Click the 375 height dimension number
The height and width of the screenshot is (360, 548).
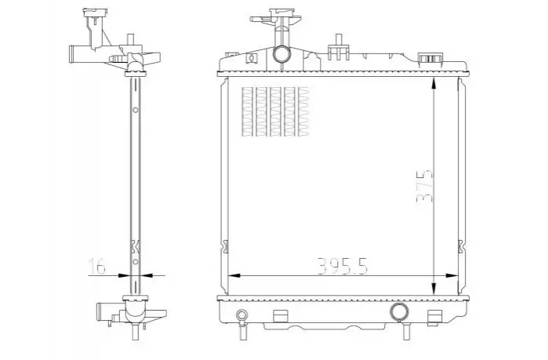pyautogui.click(x=424, y=186)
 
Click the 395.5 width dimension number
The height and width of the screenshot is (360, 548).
pyautogui.click(x=343, y=266)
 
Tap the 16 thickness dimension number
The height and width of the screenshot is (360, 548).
pyautogui.click(x=96, y=266)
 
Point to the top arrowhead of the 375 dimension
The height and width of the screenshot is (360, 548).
pyautogui.click(x=434, y=84)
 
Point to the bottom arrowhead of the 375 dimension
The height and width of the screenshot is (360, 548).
pyautogui.click(x=434, y=289)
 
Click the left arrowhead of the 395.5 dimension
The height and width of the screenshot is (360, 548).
pyautogui.click(x=234, y=275)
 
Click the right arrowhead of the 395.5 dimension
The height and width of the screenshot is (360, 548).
pyautogui.click(x=452, y=275)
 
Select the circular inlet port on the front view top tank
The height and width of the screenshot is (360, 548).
pyautogui.click(x=281, y=54)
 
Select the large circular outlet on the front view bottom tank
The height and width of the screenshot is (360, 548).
pyautogui.click(x=400, y=311)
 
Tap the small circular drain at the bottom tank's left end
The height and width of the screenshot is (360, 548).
pyautogui.click(x=241, y=315)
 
